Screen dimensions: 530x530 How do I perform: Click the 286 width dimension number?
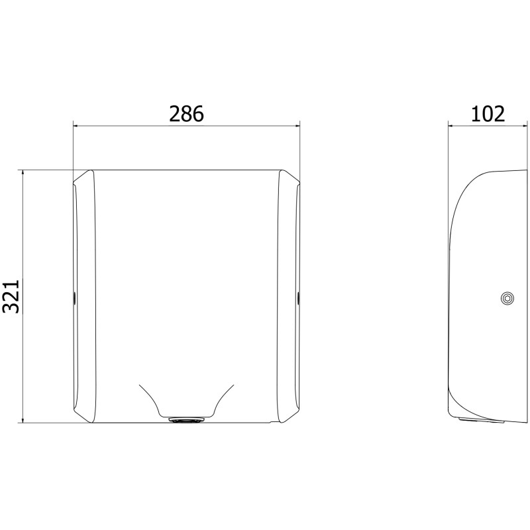pos(186,113)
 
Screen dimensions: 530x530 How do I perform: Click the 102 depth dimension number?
pos(488,114)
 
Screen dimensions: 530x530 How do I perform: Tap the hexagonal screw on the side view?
pos(507,298)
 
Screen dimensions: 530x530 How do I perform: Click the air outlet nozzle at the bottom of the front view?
pos(187,420)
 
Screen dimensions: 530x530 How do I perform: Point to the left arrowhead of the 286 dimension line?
pos(76,126)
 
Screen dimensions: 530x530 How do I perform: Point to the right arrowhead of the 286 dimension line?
pos(297,126)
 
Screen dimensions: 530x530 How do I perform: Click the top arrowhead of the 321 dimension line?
pos(23,172)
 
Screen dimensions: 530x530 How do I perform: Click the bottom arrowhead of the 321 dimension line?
pos(23,420)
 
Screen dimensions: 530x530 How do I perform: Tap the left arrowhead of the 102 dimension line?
pos(451,126)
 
